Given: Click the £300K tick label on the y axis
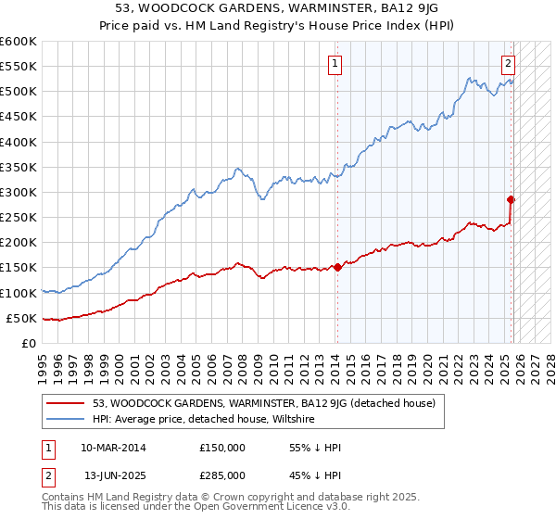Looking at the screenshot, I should coord(19,192).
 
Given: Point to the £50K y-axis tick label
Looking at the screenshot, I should coord(21,318).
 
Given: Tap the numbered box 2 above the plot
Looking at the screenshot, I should coord(508,64).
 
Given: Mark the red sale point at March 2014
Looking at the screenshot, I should coord(337,267).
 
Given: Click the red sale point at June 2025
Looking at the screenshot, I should coord(511,199).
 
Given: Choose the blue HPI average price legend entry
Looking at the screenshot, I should coord(204,419).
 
